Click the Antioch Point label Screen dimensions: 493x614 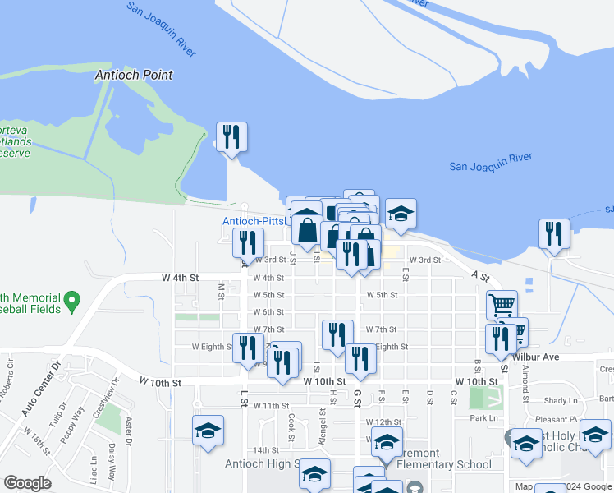134,75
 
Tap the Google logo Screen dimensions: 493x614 27,483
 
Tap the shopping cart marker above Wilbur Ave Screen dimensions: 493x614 502,306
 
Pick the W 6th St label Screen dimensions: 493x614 268,312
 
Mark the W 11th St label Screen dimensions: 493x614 271,406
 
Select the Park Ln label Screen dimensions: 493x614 484,418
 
